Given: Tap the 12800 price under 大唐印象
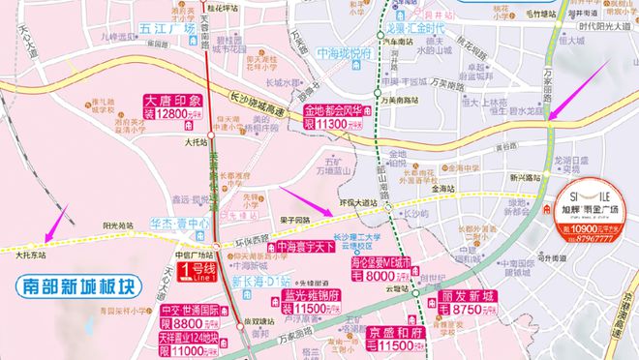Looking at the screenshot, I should click(177, 114).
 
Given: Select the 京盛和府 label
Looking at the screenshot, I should click(376, 331).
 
